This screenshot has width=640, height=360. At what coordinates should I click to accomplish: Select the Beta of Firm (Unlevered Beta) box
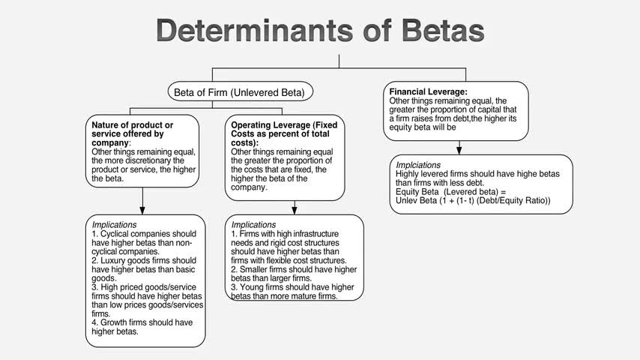[239, 93]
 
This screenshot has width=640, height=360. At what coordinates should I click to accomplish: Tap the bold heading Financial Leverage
[428, 91]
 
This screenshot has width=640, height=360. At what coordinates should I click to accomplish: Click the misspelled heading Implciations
[418, 164]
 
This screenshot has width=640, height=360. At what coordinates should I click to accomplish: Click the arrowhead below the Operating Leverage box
[294, 208]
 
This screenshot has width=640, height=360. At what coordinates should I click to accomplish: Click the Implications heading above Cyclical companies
[114, 224]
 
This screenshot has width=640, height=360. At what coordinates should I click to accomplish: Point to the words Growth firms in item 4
[128, 322]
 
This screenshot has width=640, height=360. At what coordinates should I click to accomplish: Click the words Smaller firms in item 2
[267, 268]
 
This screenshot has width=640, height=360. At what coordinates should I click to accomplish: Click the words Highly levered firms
[431, 173]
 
